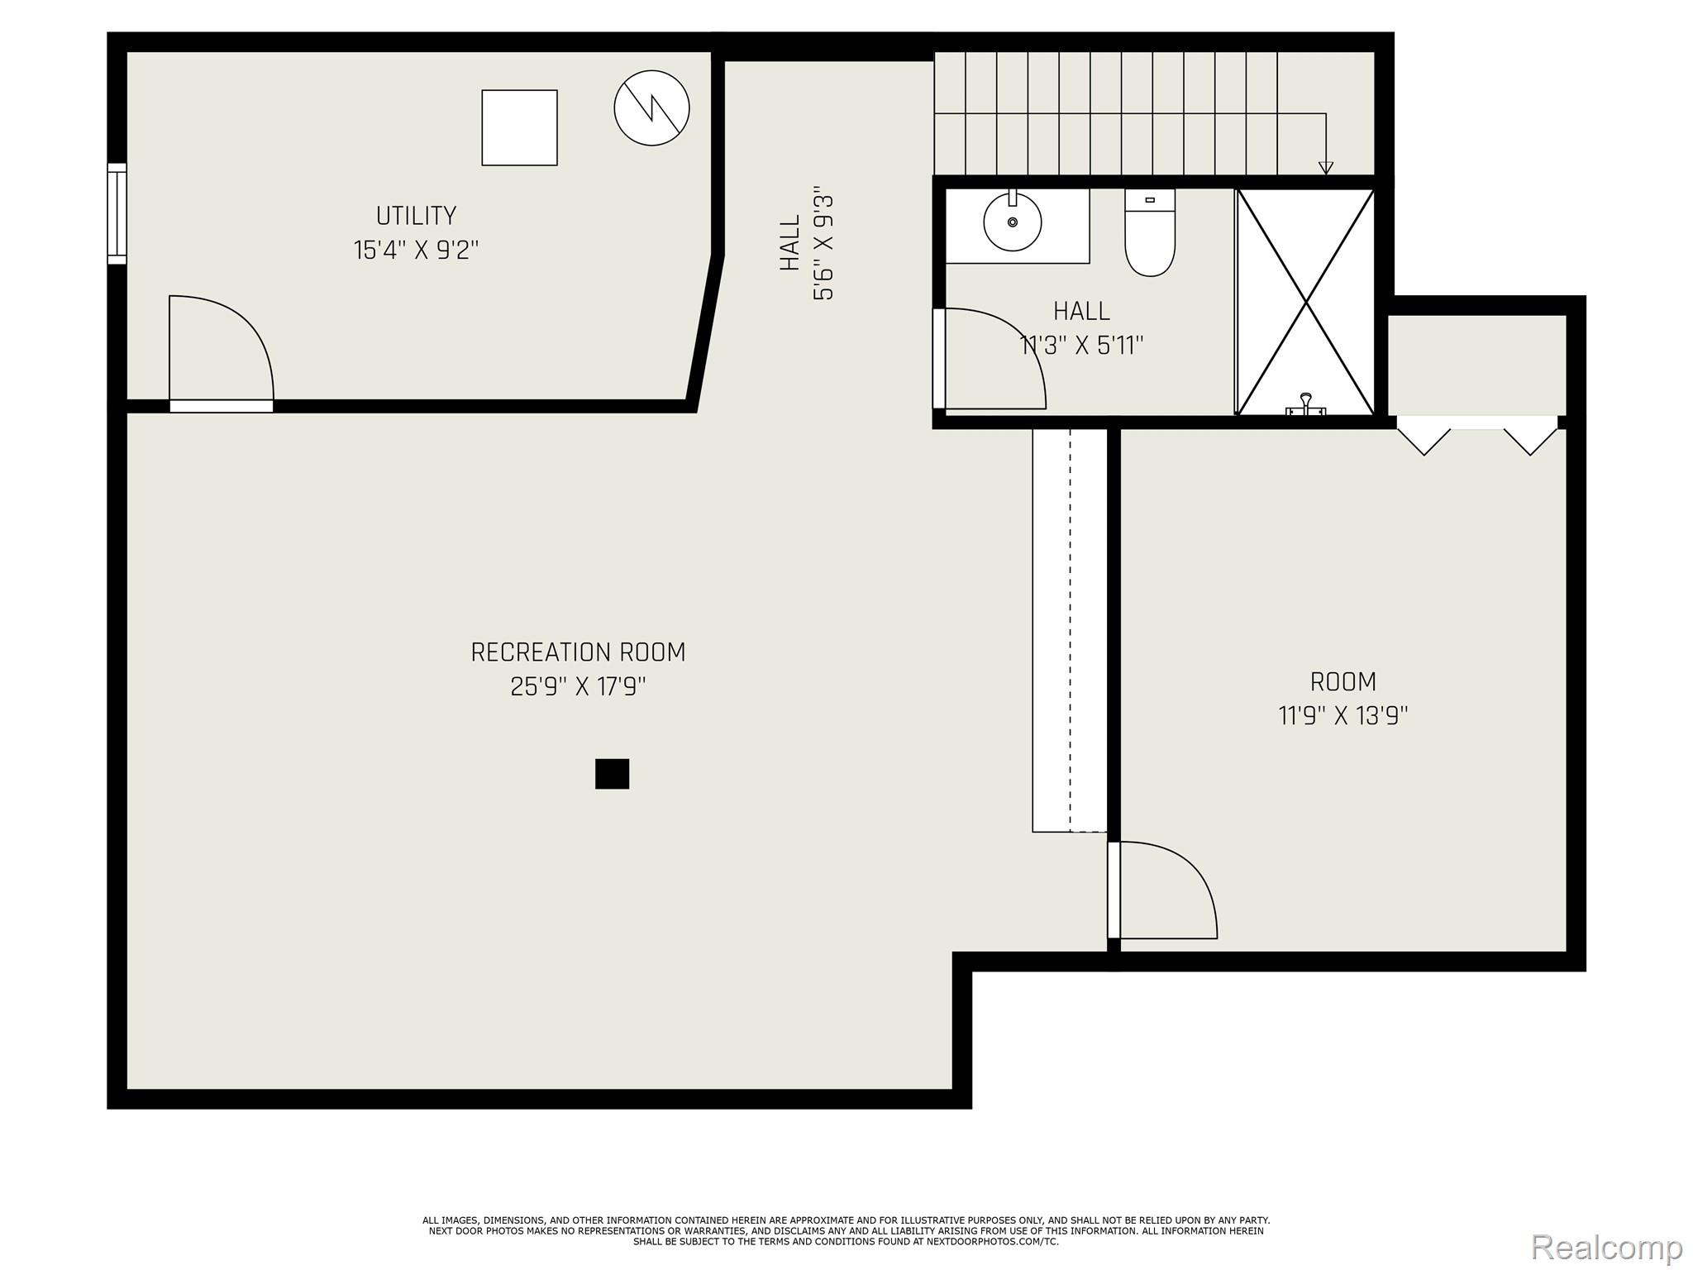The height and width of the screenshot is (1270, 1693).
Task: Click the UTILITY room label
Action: tap(416, 216)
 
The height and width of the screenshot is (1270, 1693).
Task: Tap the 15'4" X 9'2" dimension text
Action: tap(416, 250)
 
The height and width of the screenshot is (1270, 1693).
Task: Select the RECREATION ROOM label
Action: tap(578, 652)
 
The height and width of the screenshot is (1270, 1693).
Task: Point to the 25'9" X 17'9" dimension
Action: tap(578, 687)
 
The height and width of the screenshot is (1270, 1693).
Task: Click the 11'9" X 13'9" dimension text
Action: tap(1343, 715)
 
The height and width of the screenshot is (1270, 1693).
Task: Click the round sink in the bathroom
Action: tap(1012, 222)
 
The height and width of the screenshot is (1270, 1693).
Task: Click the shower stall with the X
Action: tap(1305, 302)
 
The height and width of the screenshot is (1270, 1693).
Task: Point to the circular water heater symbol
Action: tap(651, 107)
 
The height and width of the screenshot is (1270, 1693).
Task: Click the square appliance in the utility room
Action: tap(519, 127)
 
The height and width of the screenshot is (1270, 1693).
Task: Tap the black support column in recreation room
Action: tap(612, 774)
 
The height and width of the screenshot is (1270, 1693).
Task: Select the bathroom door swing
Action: tap(992, 360)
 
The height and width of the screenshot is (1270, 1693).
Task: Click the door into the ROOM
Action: tap(1161, 890)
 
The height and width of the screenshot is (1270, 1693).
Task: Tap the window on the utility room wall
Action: tap(117, 214)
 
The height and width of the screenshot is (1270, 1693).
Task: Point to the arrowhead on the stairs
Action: tap(1326, 168)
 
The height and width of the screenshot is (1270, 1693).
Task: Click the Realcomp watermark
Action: tap(1606, 1247)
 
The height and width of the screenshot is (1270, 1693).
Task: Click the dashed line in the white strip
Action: tap(1071, 628)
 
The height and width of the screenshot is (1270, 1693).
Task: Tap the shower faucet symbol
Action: tap(1306, 404)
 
